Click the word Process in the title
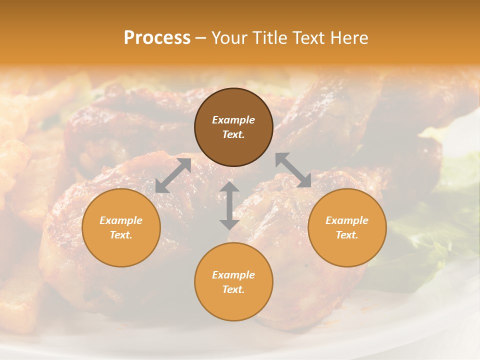tap(157, 38)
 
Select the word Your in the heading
tap(229, 38)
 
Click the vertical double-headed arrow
tap(229, 205)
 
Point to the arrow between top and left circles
tap(173, 175)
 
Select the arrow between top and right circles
tap(293, 170)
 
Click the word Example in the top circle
tap(233, 120)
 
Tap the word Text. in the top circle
tap(233, 134)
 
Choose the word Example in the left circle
tap(121, 220)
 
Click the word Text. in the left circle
tap(121, 235)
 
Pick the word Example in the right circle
tap(347, 220)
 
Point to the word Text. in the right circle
tap(347, 235)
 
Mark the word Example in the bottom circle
tap(233, 275)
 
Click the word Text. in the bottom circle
tap(233, 289)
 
